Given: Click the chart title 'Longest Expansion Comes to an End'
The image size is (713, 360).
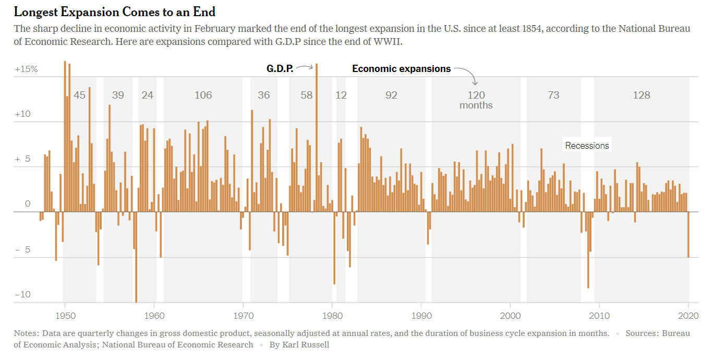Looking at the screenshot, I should click(x=114, y=11).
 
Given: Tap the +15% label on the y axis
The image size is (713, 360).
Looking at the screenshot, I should click(x=26, y=69).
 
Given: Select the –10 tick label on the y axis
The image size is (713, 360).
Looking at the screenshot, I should click(x=23, y=295).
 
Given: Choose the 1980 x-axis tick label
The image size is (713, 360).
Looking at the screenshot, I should click(x=332, y=315).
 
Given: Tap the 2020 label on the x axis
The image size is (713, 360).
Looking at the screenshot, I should click(x=688, y=315).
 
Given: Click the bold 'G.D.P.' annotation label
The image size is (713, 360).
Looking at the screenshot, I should click(x=280, y=69).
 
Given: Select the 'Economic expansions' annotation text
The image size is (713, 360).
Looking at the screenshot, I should click(x=401, y=69).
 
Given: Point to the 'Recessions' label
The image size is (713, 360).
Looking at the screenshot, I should click(x=587, y=146).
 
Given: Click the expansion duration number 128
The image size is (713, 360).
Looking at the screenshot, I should click(x=642, y=95).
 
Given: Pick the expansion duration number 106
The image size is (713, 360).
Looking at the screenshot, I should click(x=203, y=95).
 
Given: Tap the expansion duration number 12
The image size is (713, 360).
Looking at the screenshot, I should click(x=341, y=95).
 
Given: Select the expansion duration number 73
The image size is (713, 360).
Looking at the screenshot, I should click(x=553, y=95).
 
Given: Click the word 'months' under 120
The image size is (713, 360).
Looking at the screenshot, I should click(x=476, y=105).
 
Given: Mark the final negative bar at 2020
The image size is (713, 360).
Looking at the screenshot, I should click(x=688, y=234).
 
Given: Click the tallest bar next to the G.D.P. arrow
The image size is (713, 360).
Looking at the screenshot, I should click(x=317, y=136).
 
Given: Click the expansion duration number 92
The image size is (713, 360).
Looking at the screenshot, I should click(x=391, y=95).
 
